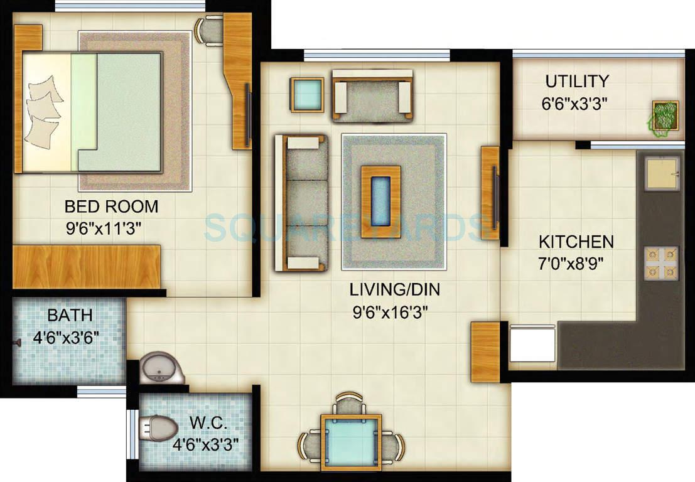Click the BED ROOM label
click(111, 206)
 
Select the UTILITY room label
click(576, 82)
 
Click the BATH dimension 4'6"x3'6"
click(66, 340)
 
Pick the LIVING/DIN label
click(394, 290)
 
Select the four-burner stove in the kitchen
click(660, 263)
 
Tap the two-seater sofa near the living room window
click(372, 95)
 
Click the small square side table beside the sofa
click(308, 95)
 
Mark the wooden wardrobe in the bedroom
click(87, 267)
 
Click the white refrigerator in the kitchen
click(532, 344)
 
